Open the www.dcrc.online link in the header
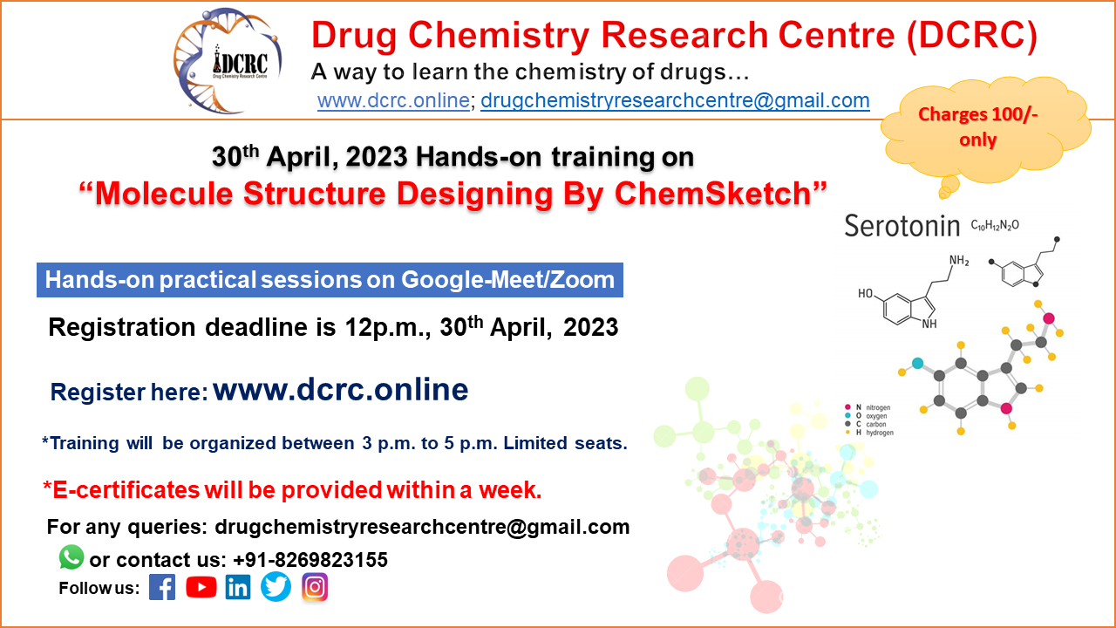(393, 100)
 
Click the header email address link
(675, 100)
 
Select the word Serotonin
(902, 227)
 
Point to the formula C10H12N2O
(995, 226)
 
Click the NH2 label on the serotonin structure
(958, 261)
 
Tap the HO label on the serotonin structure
(867, 294)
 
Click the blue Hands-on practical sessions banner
(330, 281)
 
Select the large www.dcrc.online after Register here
(340, 389)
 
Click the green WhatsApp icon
(71, 557)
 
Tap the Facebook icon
(162, 587)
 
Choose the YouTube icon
(201, 587)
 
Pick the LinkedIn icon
(238, 587)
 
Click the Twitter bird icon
(276, 587)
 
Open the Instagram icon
(315, 587)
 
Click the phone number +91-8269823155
(310, 560)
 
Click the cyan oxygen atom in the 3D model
(917, 363)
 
